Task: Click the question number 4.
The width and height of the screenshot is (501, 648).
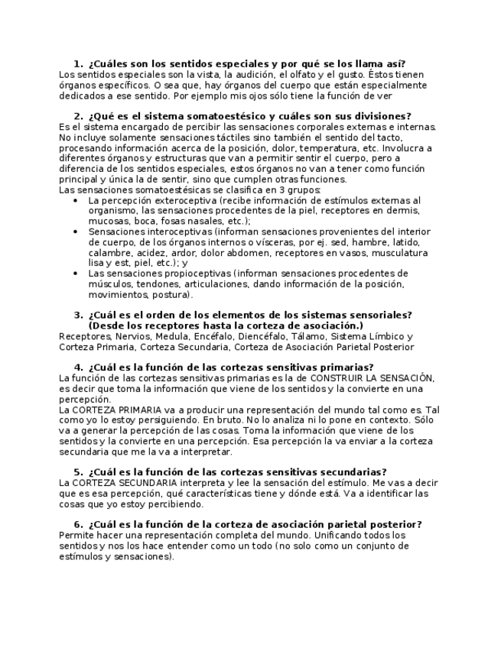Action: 78,368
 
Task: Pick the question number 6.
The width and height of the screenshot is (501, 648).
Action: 78,524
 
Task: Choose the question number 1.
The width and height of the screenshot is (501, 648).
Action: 78,63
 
